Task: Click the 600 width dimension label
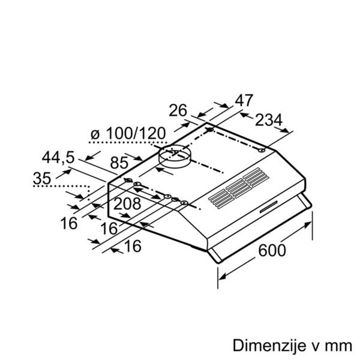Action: tap(272, 250)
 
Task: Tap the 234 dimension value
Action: tap(269, 120)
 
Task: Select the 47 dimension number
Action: tap(244, 100)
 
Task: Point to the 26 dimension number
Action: tap(178, 110)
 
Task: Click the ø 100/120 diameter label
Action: tap(128, 133)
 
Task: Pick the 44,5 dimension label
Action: tap(58, 157)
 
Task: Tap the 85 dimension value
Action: tap(119, 163)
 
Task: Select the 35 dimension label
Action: tap(42, 178)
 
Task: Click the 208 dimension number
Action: tap(127, 203)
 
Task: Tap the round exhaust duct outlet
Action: tap(175, 157)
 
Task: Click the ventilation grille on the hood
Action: tap(239, 188)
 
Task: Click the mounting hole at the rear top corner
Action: tap(209, 130)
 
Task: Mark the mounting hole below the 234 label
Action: tap(262, 151)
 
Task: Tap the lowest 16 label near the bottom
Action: tap(133, 247)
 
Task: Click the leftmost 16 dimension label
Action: tap(69, 223)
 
